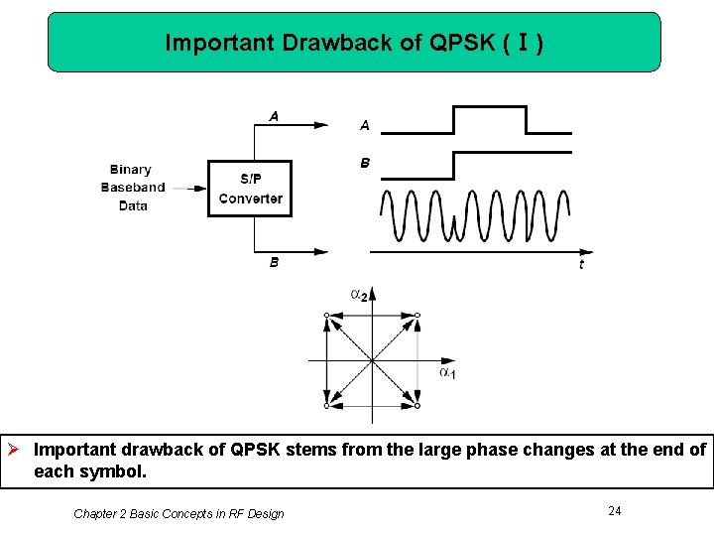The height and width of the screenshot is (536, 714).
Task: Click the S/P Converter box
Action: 250,188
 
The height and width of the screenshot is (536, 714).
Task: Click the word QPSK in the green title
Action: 454,43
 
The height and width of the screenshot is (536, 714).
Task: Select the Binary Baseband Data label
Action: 132,188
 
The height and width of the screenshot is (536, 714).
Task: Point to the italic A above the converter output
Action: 274,116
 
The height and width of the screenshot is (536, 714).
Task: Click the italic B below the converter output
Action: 275,263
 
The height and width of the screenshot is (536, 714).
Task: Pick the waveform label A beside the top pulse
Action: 365,125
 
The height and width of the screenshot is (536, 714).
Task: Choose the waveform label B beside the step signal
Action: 365,163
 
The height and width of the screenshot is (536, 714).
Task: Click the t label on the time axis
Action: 581,263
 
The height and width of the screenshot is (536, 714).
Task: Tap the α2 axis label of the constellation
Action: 359,294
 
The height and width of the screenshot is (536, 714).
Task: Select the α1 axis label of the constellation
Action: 447,372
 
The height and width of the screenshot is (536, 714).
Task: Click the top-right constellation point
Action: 416,315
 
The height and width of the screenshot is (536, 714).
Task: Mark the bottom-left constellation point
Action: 326,405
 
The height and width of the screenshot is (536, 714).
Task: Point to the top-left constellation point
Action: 326,315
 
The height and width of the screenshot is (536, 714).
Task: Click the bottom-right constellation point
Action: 416,405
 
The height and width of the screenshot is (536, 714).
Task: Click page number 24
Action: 615,510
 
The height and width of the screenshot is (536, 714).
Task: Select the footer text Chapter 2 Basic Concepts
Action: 178,513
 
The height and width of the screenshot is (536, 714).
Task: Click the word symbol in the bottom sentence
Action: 118,471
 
